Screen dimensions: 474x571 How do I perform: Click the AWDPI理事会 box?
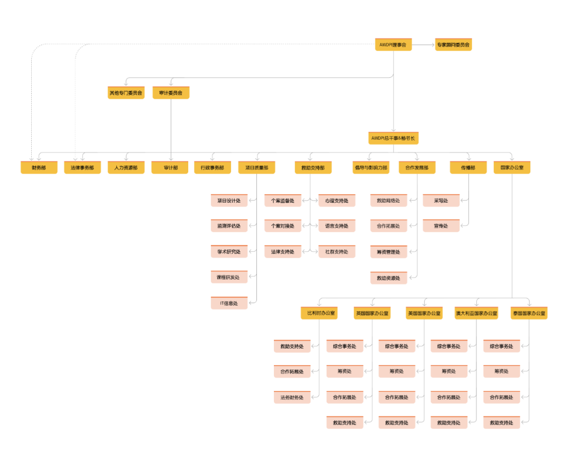coord(393,45)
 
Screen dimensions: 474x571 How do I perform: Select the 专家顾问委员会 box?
coord(453,45)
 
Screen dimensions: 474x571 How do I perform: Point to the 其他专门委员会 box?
coord(126,93)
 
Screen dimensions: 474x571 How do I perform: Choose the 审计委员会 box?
coord(170,93)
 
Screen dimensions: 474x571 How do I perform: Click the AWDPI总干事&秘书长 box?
coord(393,138)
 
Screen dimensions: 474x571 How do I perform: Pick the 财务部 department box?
coord(39,168)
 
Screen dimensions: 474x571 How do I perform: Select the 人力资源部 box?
coord(126,168)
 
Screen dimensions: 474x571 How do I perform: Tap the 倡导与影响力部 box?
coord(371,168)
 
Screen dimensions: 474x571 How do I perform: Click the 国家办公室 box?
coord(512,168)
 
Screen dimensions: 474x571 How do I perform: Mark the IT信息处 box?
coord(229,303)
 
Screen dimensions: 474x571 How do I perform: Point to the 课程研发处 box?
coord(229,277)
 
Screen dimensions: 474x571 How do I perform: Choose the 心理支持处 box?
coord(337,200)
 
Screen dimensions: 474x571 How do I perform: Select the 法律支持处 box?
coord(283,252)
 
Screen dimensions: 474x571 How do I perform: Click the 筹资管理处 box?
coord(389,252)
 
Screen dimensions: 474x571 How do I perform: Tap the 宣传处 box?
coord(441,226)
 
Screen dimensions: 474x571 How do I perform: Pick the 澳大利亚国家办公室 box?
coord(476,313)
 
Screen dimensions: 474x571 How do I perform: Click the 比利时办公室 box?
coord(319,313)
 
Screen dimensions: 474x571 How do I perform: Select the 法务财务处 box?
coord(292,397)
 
